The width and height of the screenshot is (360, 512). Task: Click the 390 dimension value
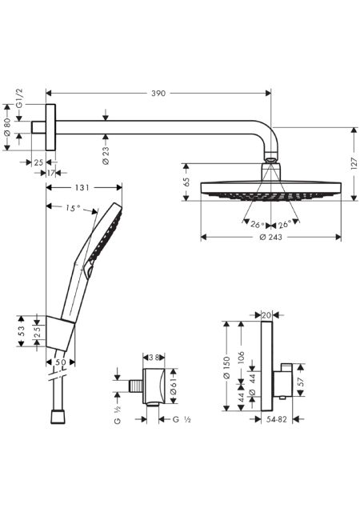click(158, 94)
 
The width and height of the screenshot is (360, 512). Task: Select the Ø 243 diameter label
click(271, 237)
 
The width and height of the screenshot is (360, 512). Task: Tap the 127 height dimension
click(354, 163)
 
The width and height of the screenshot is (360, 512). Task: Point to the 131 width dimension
click(82, 187)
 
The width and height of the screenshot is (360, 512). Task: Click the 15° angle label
click(73, 208)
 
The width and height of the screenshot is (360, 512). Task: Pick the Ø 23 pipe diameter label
click(106, 155)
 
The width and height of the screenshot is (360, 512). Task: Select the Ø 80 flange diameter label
click(7, 127)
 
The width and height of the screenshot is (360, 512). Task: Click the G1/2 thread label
click(20, 98)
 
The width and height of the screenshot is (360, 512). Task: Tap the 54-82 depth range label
click(276, 419)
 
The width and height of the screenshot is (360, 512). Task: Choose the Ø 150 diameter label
click(226, 368)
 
